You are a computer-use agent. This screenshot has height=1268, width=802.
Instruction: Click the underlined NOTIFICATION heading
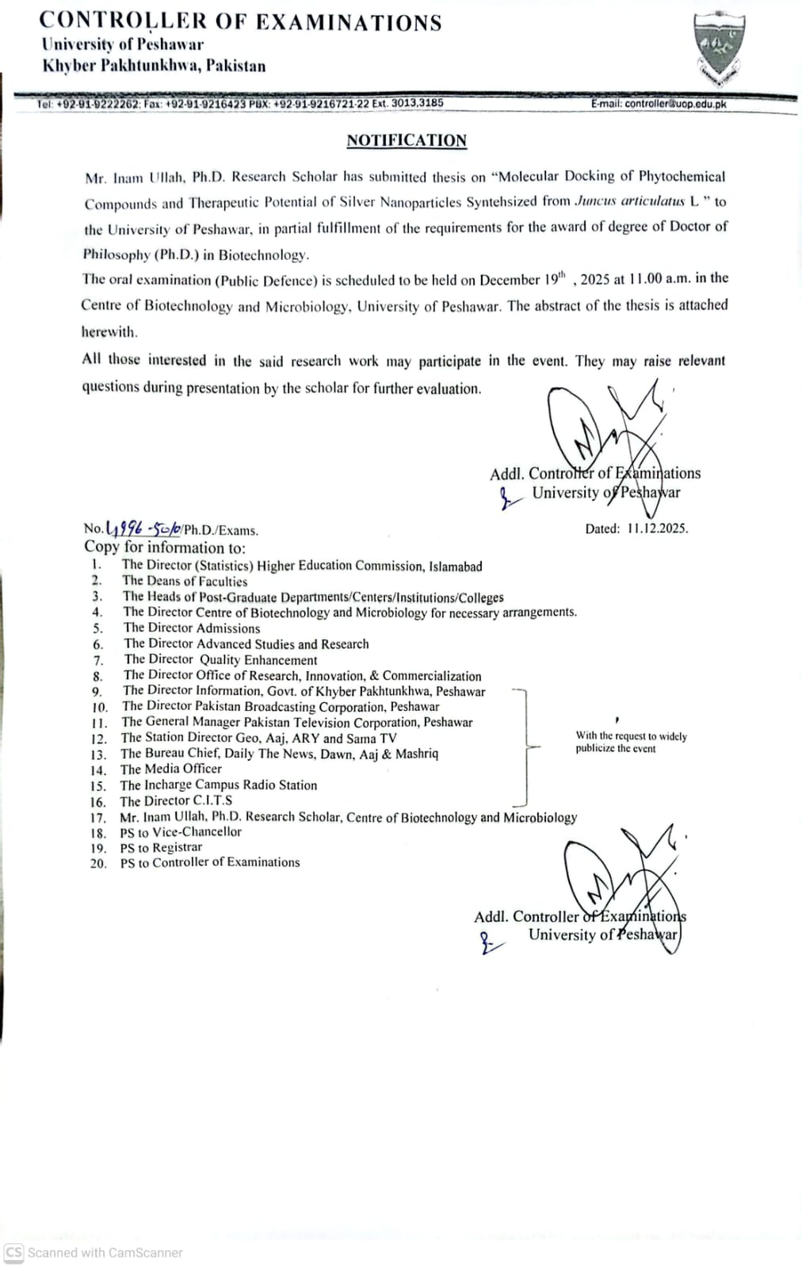click(407, 140)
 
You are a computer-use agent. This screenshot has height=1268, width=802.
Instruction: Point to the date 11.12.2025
click(657, 529)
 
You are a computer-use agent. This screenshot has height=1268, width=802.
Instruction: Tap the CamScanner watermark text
click(105, 1253)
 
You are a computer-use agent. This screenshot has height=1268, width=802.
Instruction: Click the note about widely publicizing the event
click(631, 742)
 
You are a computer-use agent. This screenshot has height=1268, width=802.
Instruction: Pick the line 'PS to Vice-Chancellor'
click(181, 832)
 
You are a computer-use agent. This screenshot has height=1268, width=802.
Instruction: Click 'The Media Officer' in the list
click(171, 769)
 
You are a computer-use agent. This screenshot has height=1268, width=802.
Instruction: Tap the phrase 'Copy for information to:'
click(165, 547)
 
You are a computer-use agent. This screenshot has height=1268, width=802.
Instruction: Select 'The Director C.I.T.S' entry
click(176, 800)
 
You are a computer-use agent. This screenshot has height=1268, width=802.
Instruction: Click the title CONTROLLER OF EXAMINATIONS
click(240, 21)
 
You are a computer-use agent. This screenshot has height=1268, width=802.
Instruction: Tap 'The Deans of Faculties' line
click(185, 581)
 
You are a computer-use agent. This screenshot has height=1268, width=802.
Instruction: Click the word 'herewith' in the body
click(109, 332)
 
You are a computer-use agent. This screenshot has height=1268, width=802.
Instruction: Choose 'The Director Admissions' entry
click(192, 628)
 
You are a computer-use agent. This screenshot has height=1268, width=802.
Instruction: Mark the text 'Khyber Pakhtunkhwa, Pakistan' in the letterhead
click(154, 66)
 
